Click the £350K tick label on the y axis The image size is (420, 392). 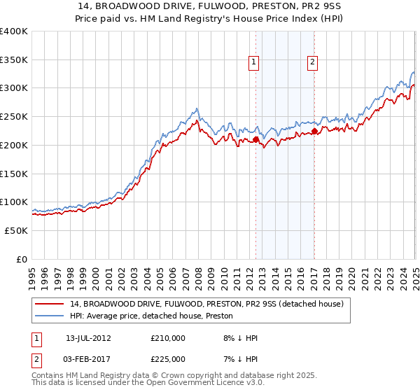[13, 59]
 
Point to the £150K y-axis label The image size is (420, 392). [13, 173]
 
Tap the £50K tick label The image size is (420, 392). [16, 230]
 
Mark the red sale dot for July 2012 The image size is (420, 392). [256, 139]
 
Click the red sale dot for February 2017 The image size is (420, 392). [315, 131]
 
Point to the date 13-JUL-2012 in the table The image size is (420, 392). [88, 337]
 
